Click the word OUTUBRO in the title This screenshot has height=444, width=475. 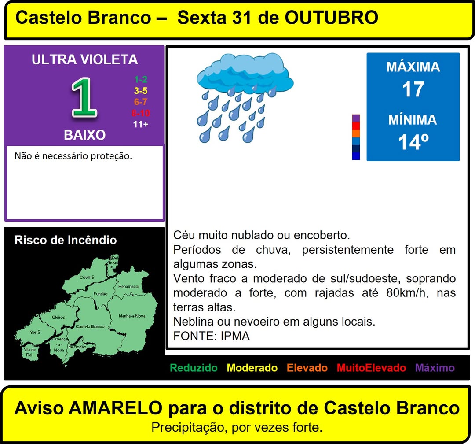332,18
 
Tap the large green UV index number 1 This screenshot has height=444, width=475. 84,98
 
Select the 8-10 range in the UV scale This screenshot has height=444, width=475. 141,113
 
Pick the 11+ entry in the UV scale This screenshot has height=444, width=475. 141,124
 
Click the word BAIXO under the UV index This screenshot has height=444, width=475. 84,135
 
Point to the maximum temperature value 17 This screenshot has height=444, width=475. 413,89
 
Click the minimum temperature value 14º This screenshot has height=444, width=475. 413,142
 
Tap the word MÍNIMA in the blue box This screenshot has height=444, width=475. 413,119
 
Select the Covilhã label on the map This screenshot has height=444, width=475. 87,277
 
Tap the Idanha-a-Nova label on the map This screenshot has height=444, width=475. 132,316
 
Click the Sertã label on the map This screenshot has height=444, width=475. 35,332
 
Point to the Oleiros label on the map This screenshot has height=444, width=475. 58,317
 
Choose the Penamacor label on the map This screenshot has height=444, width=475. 129,286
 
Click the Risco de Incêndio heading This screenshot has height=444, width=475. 66,240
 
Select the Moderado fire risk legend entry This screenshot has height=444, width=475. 252,368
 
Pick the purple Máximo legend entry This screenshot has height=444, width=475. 435,368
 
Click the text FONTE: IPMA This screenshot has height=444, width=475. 212,336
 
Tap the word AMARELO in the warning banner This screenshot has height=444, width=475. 116,408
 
